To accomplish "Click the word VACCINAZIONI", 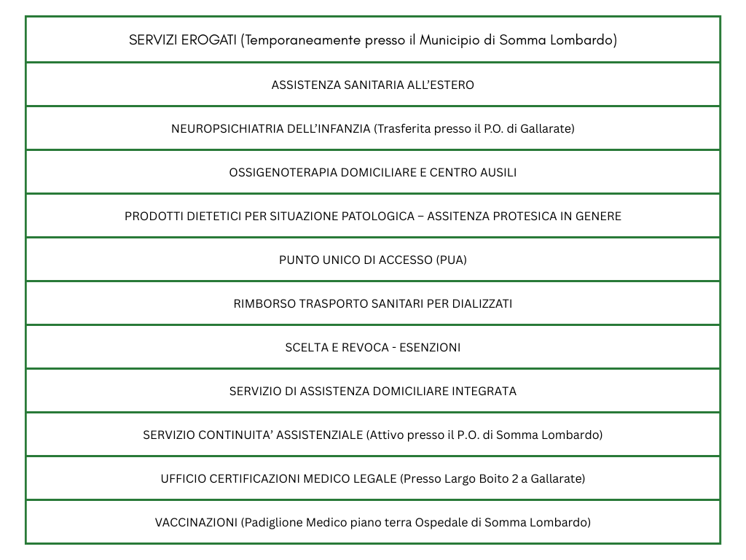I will [196, 522].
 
